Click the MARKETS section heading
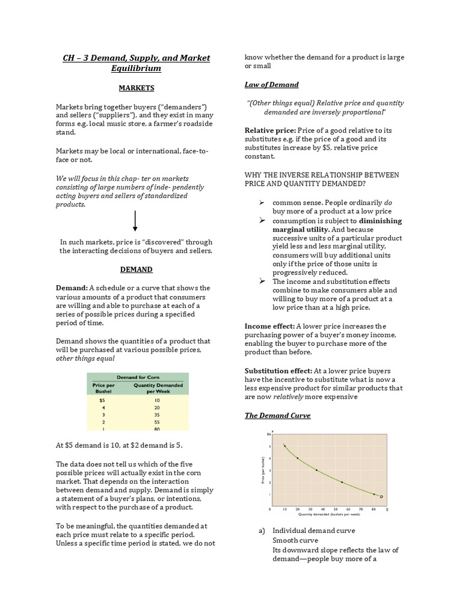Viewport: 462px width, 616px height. pyautogui.click(x=136, y=88)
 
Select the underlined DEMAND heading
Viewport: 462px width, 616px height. pyautogui.click(x=136, y=269)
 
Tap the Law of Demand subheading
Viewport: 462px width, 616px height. pyautogui.click(x=271, y=84)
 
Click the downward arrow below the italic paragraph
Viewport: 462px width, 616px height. pyautogui.click(x=135, y=221)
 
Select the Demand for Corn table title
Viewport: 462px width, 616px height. pyautogui.click(x=138, y=377)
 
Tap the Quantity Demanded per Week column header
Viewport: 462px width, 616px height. pyautogui.click(x=155, y=387)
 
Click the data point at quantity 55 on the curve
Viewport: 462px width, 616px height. pyautogui.click(x=342, y=482)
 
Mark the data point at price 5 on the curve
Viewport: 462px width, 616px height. pyautogui.click(x=285, y=446)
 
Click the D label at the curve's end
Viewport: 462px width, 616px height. pyautogui.click(x=381, y=496)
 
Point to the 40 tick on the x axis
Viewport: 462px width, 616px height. pyautogui.click(x=323, y=509)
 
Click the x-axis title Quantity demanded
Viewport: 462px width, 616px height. pyautogui.click(x=328, y=515)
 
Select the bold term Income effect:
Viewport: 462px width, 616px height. pyautogui.click(x=269, y=326)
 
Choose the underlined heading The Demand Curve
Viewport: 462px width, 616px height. pyautogui.click(x=277, y=415)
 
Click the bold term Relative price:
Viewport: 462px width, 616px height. pyautogui.click(x=270, y=130)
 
